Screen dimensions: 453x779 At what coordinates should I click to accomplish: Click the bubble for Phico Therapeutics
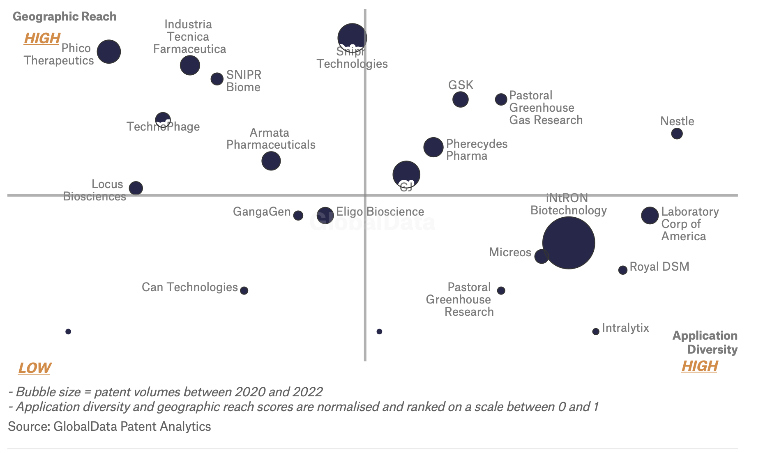pyautogui.click(x=109, y=52)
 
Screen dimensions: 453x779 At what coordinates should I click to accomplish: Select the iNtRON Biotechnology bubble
pyautogui.click(x=569, y=243)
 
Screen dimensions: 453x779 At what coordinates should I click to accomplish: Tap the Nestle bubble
pyautogui.click(x=677, y=133)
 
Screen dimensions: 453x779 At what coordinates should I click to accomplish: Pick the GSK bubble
pyautogui.click(x=460, y=99)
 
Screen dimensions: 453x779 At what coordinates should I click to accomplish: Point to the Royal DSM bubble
pyautogui.click(x=623, y=270)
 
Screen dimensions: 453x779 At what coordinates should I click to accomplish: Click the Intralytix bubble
pyautogui.click(x=596, y=331)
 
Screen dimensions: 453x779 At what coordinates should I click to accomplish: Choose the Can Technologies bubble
pyautogui.click(x=244, y=290)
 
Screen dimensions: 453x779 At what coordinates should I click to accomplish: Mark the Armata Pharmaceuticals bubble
pyautogui.click(x=271, y=161)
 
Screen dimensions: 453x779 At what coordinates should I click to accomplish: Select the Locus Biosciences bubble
pyautogui.click(x=136, y=188)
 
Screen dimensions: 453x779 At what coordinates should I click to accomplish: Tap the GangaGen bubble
pyautogui.click(x=298, y=215)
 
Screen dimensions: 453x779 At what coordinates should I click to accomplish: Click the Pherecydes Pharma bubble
pyautogui.click(x=433, y=147)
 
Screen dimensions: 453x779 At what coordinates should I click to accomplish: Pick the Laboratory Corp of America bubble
pyautogui.click(x=650, y=215)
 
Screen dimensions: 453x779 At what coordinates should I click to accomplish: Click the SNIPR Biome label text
pyautogui.click(x=244, y=81)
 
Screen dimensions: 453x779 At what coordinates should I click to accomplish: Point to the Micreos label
pyautogui.click(x=510, y=252)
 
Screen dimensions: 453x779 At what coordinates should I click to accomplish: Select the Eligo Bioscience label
pyautogui.click(x=380, y=212)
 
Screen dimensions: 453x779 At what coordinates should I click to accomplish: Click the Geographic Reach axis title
pyautogui.click(x=65, y=16)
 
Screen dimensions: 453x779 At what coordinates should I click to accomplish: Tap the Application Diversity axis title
pyautogui.click(x=705, y=343)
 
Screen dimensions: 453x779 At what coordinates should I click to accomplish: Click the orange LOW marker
pyautogui.click(x=35, y=368)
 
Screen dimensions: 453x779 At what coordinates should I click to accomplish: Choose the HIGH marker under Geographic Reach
pyautogui.click(x=42, y=38)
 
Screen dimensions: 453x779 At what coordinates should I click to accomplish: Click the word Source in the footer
pyautogui.click(x=29, y=426)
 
